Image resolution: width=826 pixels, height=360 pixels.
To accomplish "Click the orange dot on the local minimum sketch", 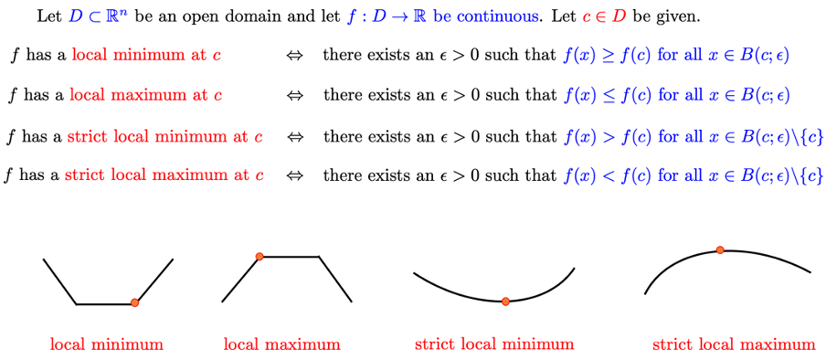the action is (135, 302).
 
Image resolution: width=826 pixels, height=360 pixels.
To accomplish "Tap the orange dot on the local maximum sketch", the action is (259, 257).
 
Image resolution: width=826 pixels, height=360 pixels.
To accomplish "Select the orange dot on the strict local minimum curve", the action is (505, 302).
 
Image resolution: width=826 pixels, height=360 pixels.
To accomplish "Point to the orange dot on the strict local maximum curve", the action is (720, 249).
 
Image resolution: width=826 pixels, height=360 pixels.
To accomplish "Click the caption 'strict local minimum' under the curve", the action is (494, 344).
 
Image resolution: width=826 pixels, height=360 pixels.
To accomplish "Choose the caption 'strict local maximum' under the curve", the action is (734, 344).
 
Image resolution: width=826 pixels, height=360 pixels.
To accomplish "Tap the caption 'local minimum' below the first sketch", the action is (107, 344).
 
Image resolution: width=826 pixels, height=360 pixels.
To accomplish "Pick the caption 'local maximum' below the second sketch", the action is (281, 344).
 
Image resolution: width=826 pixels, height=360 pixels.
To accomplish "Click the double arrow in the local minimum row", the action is (294, 56).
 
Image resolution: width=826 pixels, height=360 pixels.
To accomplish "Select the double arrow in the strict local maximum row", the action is (294, 175).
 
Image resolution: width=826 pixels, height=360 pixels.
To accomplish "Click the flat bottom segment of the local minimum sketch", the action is (105, 303).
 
